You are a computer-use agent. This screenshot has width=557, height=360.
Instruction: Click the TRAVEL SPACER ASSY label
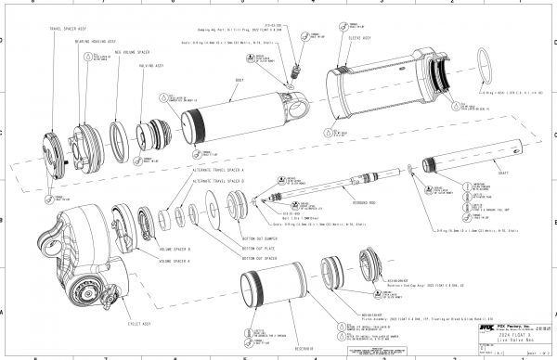[67, 30]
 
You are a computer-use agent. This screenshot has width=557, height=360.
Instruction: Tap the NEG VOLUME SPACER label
[123, 55]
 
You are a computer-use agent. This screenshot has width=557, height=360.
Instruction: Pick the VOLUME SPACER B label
[176, 250]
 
